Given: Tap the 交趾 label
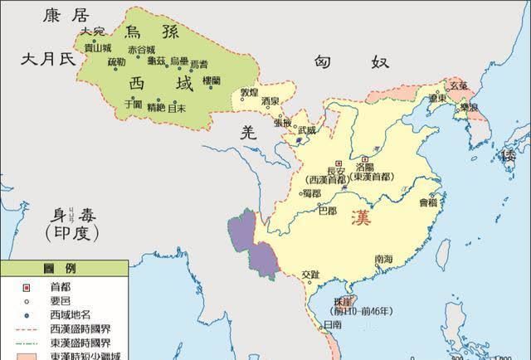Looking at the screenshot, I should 310,274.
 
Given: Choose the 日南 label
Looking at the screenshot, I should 331,324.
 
